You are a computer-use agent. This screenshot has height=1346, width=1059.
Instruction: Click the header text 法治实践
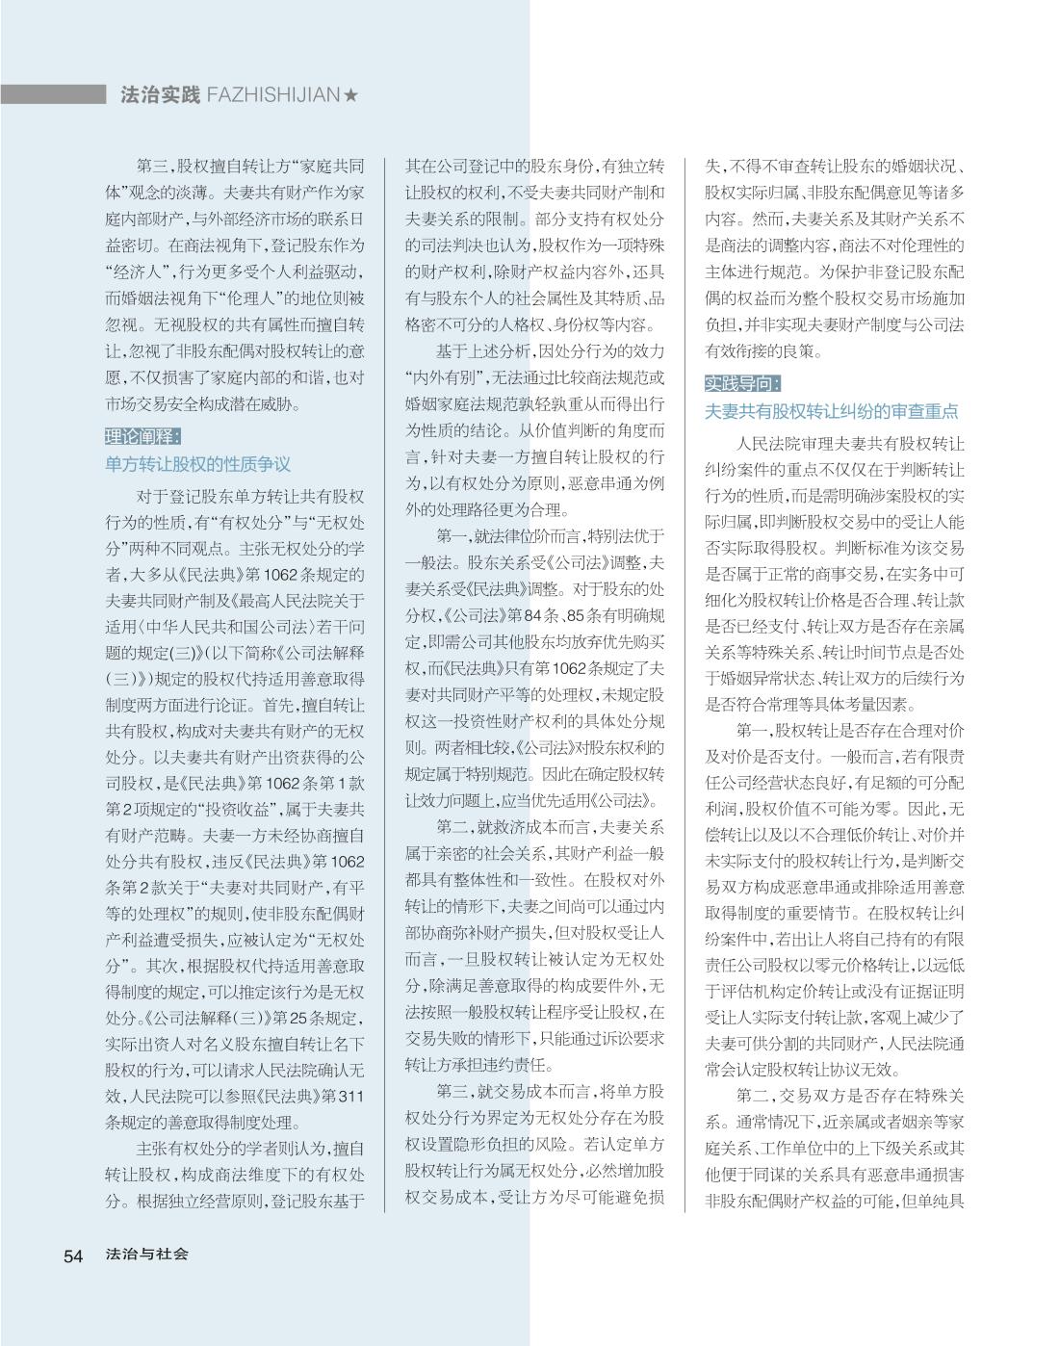tap(160, 94)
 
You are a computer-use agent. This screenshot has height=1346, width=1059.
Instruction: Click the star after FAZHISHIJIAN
tap(351, 94)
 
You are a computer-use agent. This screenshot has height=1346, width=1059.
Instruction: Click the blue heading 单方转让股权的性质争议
tap(197, 464)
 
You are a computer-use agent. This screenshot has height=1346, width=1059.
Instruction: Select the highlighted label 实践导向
tap(742, 383)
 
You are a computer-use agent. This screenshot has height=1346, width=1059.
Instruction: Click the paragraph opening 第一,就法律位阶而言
tap(534, 536)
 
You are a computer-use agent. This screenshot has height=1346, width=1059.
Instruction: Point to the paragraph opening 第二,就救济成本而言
tap(534, 826)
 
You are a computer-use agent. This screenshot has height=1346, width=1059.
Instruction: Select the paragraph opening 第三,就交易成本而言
tap(534, 1091)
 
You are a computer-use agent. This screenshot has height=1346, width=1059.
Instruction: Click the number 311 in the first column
tap(352, 1096)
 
